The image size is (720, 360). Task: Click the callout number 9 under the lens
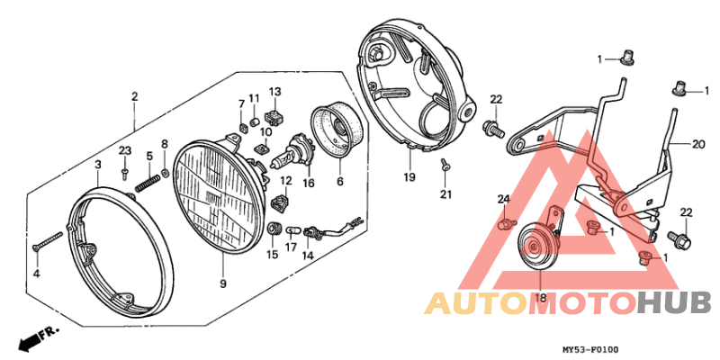222,284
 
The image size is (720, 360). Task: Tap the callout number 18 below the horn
541,298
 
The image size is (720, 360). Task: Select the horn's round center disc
534,247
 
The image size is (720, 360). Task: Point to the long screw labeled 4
48,240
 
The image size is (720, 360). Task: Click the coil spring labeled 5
148,181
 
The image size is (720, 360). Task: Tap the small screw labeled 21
444,165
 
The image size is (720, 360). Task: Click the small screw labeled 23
125,173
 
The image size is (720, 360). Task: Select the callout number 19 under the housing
409,176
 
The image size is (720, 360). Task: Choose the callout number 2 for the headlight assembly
134,97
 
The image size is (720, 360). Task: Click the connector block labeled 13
274,119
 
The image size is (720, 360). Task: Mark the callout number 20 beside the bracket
698,145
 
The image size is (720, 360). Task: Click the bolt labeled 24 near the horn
505,224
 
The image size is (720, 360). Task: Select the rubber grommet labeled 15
274,229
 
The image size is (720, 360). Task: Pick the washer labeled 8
165,174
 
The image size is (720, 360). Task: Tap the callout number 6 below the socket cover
340,182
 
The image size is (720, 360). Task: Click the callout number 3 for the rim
98,164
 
